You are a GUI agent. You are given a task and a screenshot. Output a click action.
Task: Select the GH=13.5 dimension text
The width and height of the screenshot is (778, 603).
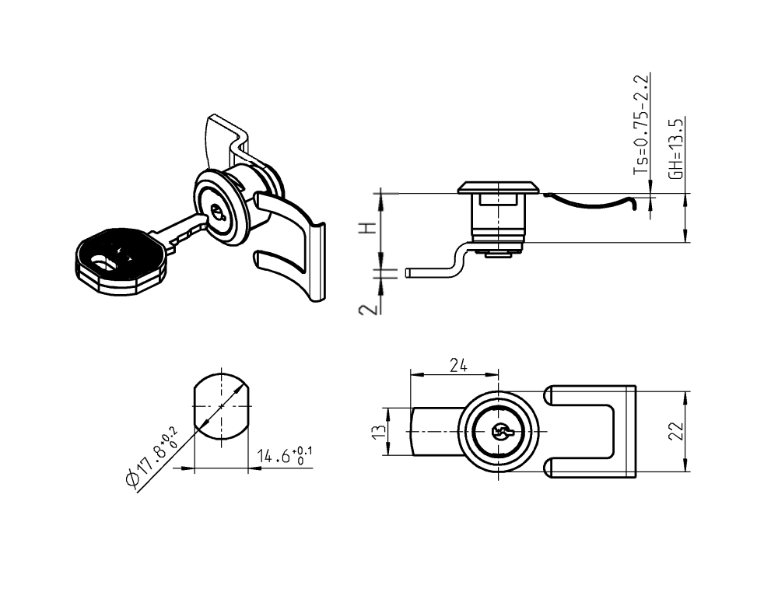click(x=677, y=149)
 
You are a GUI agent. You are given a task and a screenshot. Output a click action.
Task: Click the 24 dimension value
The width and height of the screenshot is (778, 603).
click(x=457, y=364)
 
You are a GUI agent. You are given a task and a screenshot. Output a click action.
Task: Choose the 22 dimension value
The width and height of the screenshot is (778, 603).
click(x=677, y=431)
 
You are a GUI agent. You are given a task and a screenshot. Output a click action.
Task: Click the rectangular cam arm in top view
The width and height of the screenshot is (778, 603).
click(x=432, y=432)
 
